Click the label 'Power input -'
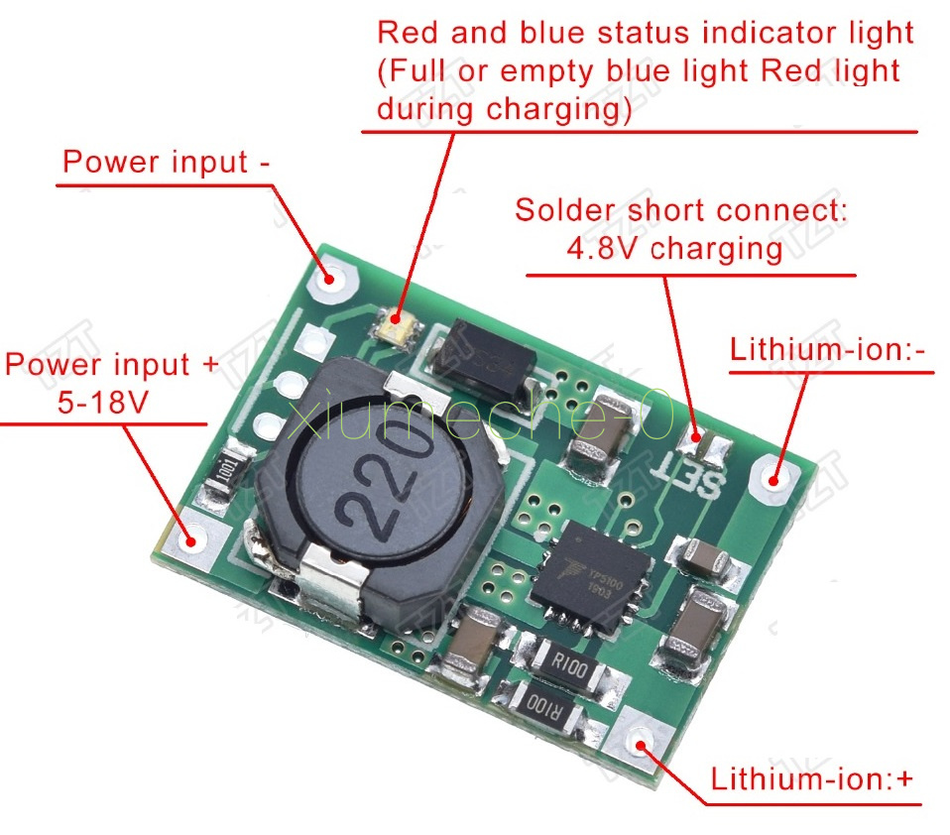pyautogui.click(x=167, y=162)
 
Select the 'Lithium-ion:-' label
pyautogui.click(x=831, y=350)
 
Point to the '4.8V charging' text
pyautogui.click(x=674, y=247)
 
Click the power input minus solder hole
pyautogui.click(x=331, y=280)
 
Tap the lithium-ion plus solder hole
pyautogui.click(x=641, y=746)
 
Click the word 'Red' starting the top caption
pyautogui.click(x=409, y=32)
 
